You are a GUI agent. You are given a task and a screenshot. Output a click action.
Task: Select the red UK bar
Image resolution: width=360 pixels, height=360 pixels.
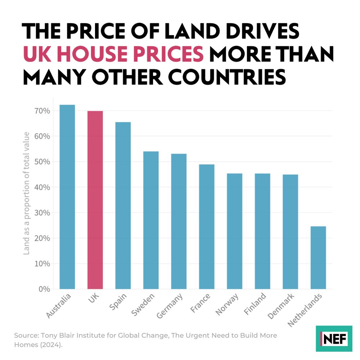95,200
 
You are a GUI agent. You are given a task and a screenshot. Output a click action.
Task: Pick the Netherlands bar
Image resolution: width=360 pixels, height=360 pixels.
318,257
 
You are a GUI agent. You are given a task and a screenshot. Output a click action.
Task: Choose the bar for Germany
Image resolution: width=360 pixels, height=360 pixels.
179,221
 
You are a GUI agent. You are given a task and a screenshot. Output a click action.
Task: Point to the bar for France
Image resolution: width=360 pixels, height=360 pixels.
207,226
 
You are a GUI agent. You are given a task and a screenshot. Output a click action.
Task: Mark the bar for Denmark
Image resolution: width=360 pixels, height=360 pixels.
290,231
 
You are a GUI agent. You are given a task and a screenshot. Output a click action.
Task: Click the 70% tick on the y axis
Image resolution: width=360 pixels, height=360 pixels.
41,111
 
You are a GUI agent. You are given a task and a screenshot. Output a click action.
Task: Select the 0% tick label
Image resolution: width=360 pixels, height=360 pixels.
44,289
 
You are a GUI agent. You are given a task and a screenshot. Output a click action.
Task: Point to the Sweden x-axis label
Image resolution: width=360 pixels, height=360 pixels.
143,305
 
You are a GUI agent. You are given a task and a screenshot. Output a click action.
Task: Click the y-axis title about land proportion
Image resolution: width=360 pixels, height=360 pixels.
26,193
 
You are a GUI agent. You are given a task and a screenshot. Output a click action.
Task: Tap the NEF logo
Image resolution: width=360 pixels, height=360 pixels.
334,338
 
